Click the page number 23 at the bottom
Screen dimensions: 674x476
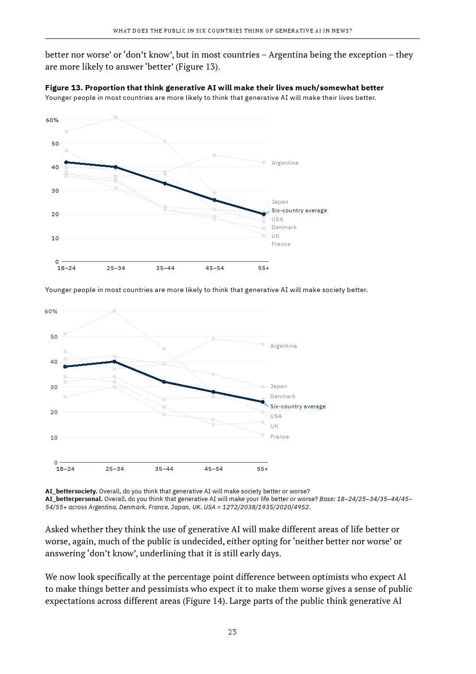tap(232, 632)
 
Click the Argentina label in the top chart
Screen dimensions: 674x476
tap(285, 163)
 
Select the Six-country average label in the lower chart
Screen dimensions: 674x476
tap(297, 406)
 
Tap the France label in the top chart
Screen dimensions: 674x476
tap(281, 244)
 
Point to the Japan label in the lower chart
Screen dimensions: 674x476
tap(278, 386)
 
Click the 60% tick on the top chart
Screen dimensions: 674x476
tap(52, 120)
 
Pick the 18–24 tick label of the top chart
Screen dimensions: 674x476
tap(66, 268)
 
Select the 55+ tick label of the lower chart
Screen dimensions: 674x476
tap(262, 469)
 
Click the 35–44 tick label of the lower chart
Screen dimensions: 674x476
tap(164, 469)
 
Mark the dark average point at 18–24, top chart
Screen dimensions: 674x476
tap(66, 162)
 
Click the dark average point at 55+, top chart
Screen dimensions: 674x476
tap(263, 214)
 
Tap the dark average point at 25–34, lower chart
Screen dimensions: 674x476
tap(114, 362)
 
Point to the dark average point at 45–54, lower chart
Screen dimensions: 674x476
tap(214, 392)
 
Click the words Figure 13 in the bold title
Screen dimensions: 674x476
tap(64, 88)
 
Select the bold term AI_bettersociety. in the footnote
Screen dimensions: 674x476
tap(71, 491)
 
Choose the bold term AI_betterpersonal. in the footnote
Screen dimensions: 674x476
tap(74, 499)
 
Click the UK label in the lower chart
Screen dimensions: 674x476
tap(274, 426)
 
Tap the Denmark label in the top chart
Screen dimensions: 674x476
tap(284, 227)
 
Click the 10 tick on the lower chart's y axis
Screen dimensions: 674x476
tap(54, 438)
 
